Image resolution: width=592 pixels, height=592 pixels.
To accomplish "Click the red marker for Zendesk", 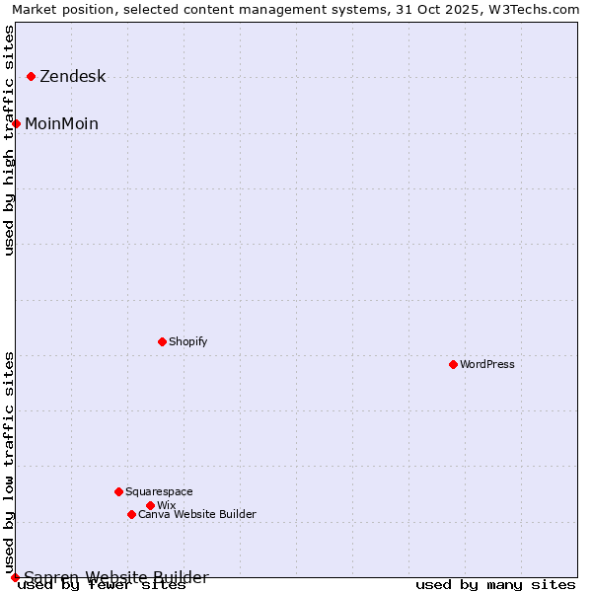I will [32, 76].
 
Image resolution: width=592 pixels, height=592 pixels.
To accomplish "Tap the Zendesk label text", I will [72, 77].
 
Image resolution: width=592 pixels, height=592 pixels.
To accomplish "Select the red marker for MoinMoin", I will [17, 123].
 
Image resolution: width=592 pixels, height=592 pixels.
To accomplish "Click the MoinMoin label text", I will [61, 123].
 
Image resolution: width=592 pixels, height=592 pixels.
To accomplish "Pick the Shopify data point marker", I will [162, 341].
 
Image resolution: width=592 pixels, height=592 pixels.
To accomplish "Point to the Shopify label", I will [187, 341].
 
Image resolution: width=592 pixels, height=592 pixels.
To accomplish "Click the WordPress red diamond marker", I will [453, 364].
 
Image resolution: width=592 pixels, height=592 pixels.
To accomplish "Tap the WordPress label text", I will [486, 364].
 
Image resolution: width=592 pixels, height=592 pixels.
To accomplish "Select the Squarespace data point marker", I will [118, 491].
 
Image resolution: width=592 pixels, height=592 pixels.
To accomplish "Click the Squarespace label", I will [159, 491].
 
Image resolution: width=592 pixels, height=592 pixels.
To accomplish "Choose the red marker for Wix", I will [150, 505].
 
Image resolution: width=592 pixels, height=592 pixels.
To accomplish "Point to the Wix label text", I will [166, 505].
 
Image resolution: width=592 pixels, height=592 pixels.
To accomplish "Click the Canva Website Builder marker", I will [131, 514].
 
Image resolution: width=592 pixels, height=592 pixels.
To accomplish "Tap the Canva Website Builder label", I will [196, 514].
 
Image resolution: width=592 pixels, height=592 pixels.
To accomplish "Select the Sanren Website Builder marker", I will [15, 577].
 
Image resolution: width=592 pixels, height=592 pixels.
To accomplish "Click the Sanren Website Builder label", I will [115, 577].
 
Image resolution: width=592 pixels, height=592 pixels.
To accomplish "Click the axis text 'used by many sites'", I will [495, 585].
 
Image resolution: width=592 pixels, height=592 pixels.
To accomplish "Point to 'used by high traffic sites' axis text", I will [10, 140].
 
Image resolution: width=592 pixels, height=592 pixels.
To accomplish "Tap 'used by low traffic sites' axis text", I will [10, 462].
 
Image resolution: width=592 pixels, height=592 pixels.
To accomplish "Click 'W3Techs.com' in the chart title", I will [541, 9].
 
